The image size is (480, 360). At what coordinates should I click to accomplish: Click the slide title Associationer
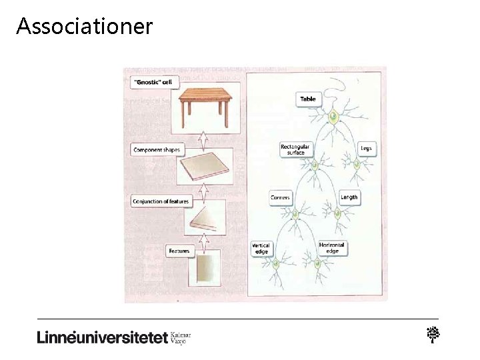tap(85, 26)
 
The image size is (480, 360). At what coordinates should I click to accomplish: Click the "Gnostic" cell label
tap(153, 82)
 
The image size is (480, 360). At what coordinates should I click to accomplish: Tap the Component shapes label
tap(157, 150)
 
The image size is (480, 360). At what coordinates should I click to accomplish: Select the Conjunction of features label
tap(161, 201)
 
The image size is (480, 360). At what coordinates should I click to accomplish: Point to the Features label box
tap(179, 251)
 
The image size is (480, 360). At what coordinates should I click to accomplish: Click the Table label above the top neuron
tap(308, 99)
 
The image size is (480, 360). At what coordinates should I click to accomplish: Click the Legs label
tap(365, 147)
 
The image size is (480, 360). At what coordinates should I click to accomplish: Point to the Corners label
tap(280, 197)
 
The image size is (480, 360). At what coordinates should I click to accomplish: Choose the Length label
tap(349, 197)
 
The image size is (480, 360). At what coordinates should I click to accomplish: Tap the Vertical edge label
tap(261, 248)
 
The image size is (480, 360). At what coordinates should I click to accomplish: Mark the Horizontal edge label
tap(332, 248)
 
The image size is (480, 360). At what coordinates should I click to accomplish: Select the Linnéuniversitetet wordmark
tap(101, 337)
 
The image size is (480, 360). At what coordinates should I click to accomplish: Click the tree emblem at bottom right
tap(433, 335)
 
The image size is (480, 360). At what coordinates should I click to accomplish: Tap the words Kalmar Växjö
tap(181, 337)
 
